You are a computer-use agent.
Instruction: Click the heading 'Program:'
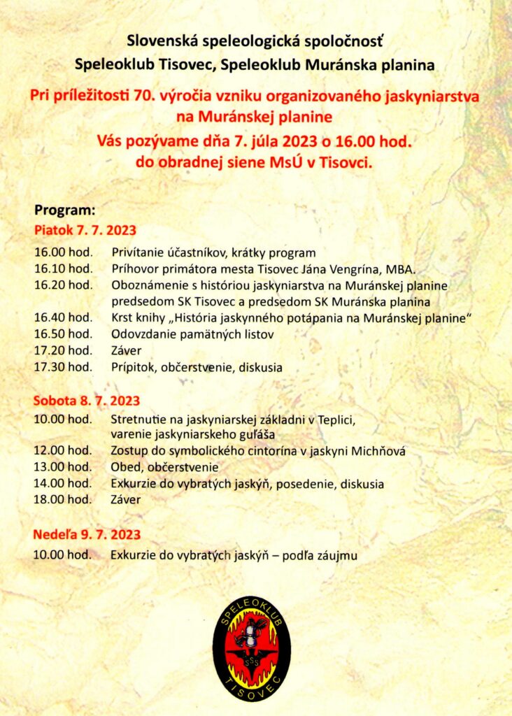tap(64, 209)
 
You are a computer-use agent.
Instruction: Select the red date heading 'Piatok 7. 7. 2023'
tap(85, 230)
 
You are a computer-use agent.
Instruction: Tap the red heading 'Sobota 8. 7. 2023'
tap(87, 401)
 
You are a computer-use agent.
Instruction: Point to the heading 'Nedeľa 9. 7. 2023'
tap(87, 536)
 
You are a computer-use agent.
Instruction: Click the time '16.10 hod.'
tap(63, 268)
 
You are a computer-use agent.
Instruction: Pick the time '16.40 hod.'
tap(63, 318)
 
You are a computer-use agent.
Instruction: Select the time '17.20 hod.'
tap(63, 350)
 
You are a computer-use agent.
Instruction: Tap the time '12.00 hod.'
tap(63, 451)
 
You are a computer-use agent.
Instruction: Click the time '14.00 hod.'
tap(63, 483)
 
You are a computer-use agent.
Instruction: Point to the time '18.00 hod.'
tap(63, 499)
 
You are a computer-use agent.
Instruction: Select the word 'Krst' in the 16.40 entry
tap(123, 318)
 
